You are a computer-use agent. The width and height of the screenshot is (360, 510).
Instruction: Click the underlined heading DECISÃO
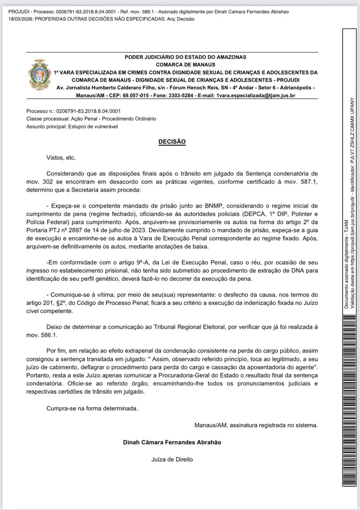pyautogui.click(x=172, y=142)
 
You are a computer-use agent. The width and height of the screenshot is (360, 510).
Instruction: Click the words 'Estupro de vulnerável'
pyautogui.click(x=94, y=127)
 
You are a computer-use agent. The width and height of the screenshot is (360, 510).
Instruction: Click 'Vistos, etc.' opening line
pyautogui.click(x=61, y=158)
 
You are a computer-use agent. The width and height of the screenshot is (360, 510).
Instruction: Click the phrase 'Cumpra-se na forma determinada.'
pyautogui.click(x=92, y=408)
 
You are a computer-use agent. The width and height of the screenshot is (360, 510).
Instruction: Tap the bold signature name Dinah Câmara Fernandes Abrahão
pyautogui.click(x=172, y=442)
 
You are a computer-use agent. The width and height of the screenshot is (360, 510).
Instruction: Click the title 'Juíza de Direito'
pyautogui.click(x=172, y=459)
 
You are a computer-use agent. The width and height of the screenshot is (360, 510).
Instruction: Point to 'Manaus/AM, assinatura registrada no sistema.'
pyautogui.click(x=256, y=425)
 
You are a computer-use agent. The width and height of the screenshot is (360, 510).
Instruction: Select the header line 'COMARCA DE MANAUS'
pyautogui.click(x=186, y=65)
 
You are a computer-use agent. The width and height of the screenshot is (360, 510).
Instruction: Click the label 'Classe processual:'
pyautogui.click(x=48, y=119)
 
